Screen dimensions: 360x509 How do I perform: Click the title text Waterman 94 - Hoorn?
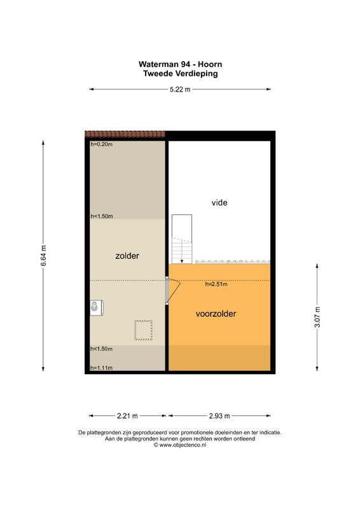coord(180,64)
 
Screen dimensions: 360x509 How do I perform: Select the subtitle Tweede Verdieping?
coord(181,73)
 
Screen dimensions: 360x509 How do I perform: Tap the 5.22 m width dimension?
coord(180,89)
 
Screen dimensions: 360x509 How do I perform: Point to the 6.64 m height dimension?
coord(43,256)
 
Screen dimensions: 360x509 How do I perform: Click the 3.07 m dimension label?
coord(317,317)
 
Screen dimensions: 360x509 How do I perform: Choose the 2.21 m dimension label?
coord(127,416)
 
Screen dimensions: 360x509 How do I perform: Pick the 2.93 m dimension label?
coord(219,416)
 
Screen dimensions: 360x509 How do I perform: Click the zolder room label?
coord(127,256)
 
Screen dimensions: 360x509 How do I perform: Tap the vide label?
coord(219,202)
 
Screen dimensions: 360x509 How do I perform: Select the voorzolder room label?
coord(216,314)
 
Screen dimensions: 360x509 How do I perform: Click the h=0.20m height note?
coord(102,144)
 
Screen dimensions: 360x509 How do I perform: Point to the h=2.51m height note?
coord(216,284)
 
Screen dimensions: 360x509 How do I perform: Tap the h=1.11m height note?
coord(102,368)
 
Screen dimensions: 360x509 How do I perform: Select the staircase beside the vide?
coord(182,239)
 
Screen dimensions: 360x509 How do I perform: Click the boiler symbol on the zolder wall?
coord(97,308)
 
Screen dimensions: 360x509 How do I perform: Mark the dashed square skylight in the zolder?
coord(144,330)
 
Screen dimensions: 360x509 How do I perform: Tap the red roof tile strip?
coord(125,134)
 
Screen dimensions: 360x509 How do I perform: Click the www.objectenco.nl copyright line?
coord(180,445)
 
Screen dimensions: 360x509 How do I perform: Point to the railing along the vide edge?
coord(232,261)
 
